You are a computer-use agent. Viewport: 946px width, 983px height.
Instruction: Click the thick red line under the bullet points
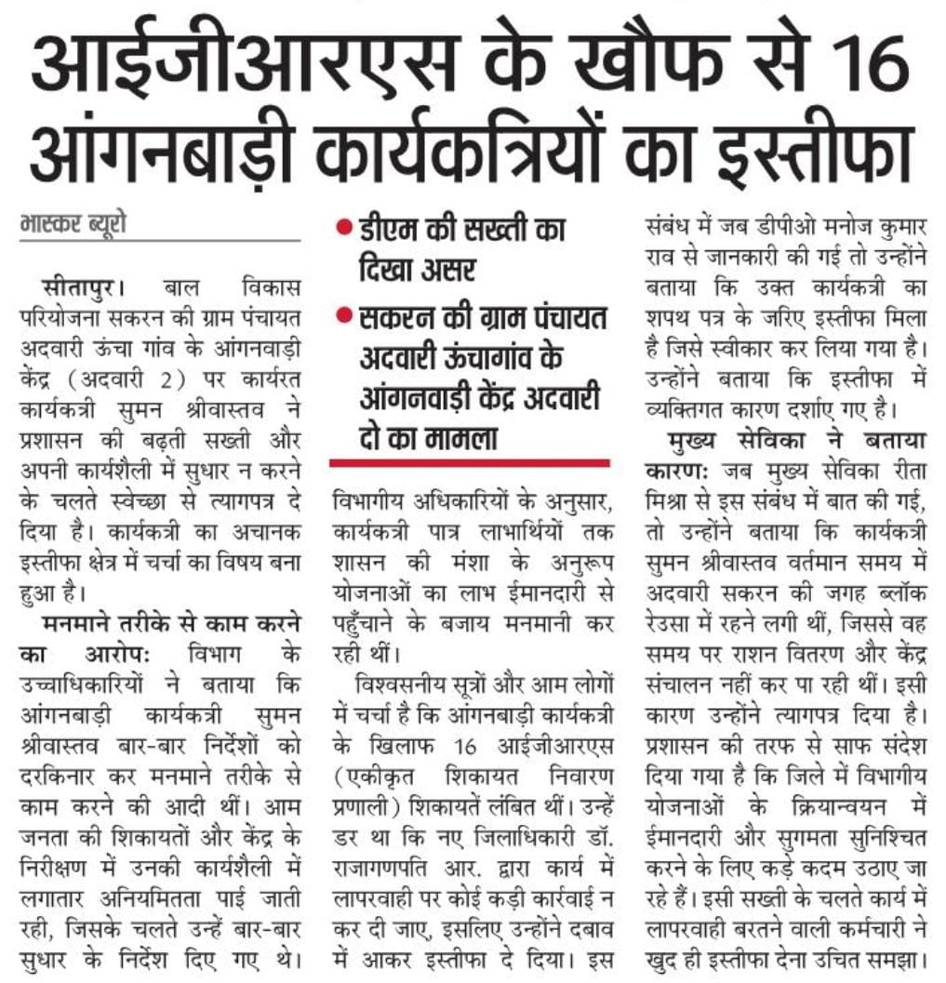click(470, 462)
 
